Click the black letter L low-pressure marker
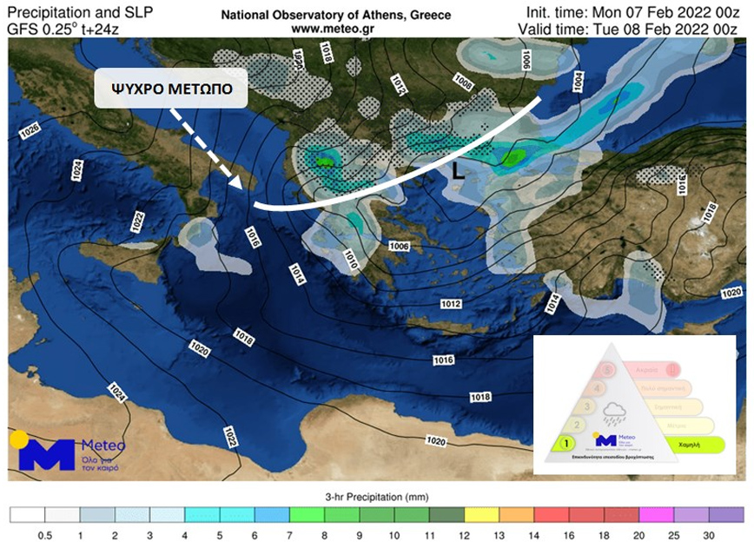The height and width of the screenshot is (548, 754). [x=459, y=172]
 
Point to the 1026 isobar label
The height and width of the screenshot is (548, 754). [x=29, y=131]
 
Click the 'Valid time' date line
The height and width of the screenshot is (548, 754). [x=632, y=29]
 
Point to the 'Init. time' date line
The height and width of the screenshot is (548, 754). [x=637, y=12]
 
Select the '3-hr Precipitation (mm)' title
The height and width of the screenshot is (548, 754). [x=376, y=498]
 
